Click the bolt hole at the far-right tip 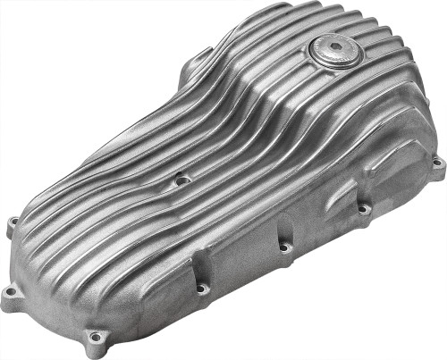point(436,163)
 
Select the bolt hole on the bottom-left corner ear point(11,291)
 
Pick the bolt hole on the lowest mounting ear point(94,337)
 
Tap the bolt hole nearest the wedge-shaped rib point(364,208)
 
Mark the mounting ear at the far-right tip point(434,166)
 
